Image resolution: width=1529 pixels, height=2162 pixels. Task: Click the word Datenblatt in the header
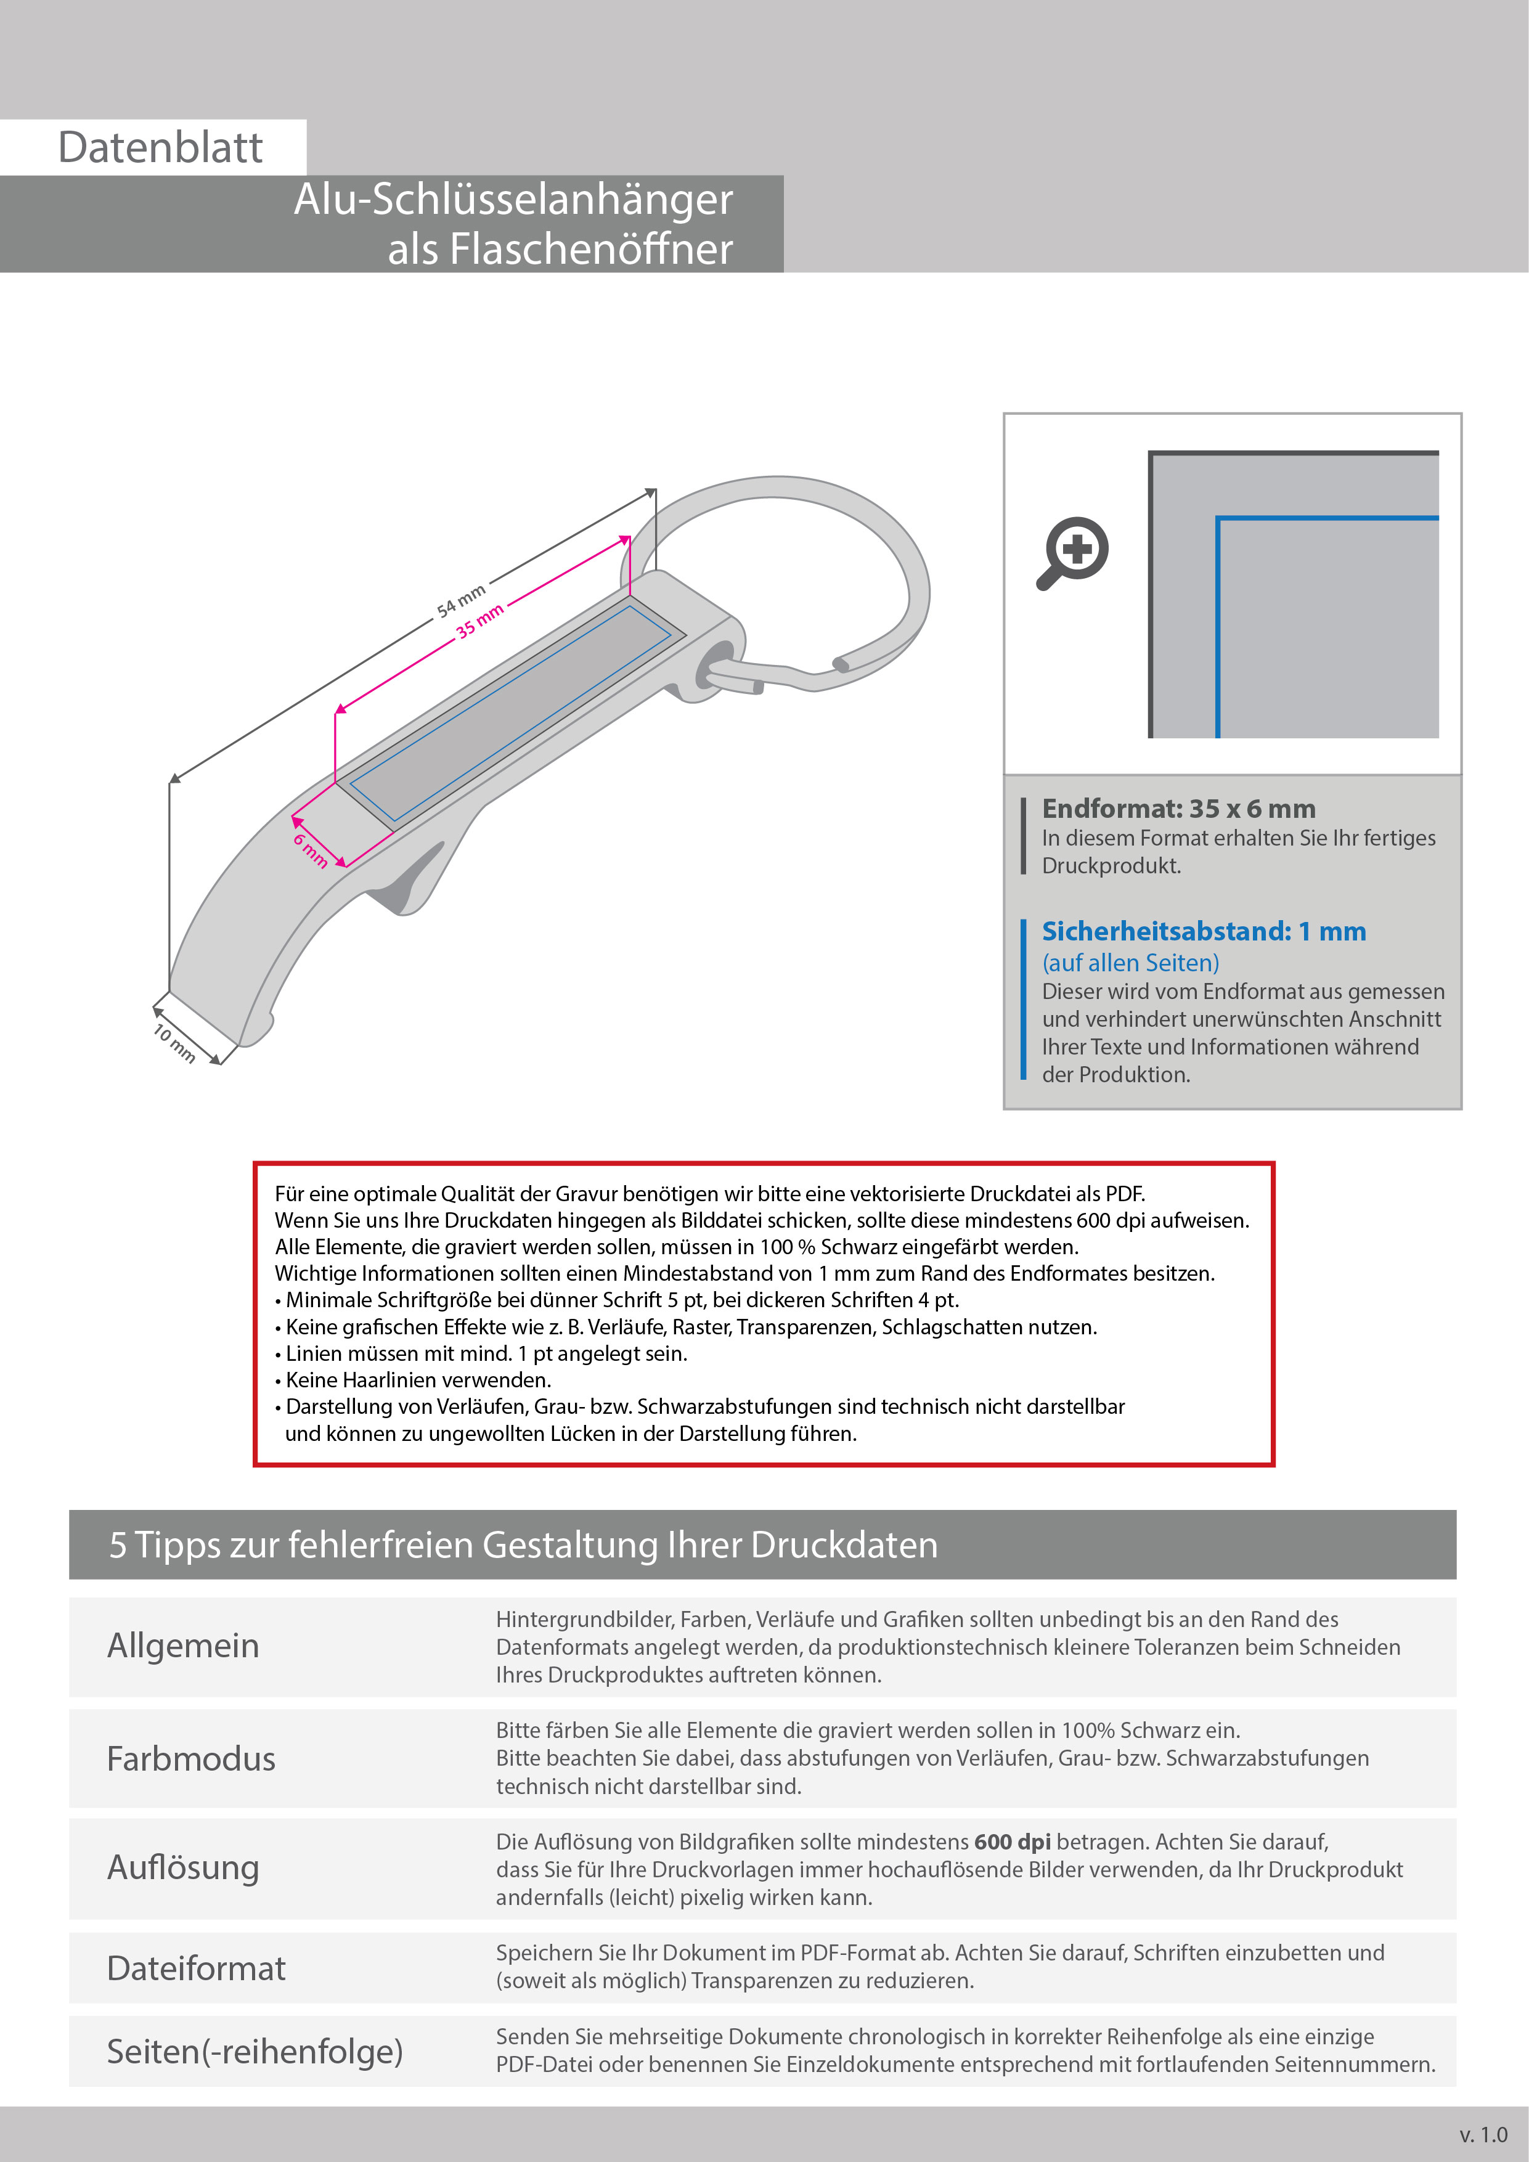pos(160,148)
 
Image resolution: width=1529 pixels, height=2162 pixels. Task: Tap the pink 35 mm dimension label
pos(480,621)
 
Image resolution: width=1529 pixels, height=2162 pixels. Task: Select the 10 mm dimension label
pos(174,1042)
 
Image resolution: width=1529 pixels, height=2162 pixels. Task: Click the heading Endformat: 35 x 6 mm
pos(1178,808)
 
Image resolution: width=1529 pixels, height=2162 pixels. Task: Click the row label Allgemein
pos(182,1646)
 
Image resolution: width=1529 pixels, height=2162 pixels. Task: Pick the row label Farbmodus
pos(191,1759)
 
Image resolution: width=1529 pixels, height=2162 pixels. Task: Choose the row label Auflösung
pos(182,1867)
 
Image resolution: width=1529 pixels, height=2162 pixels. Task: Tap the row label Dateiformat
pos(196,1968)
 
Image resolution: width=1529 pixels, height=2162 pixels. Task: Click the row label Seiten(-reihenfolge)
pos(254,2051)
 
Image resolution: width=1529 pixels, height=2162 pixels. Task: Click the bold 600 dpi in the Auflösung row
pos(1012,1842)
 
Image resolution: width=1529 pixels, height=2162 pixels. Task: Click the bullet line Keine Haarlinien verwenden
pos(418,1381)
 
